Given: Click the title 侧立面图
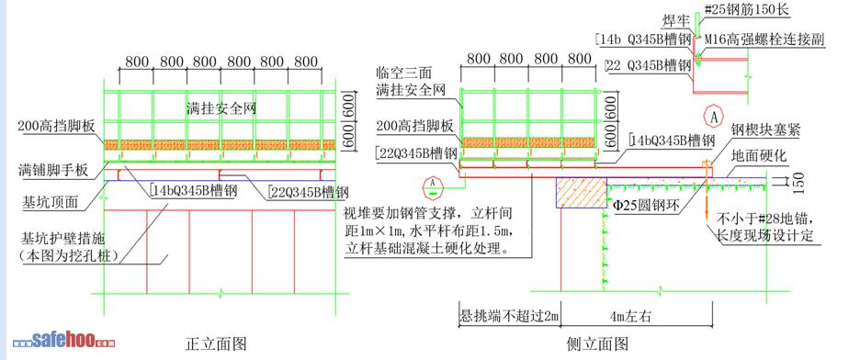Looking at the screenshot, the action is point(597,343).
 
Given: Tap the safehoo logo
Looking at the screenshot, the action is point(64,341).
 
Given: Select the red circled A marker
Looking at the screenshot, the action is point(715,117).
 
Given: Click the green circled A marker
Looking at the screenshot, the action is point(432,186).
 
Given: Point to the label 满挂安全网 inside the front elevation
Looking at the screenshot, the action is point(221,108).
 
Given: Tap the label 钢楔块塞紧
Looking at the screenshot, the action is point(765,130).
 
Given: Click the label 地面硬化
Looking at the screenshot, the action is point(758,157).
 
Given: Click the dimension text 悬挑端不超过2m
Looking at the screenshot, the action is point(509,316).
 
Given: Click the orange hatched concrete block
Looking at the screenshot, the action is point(581,193).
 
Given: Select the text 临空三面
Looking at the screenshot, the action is point(405,73).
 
